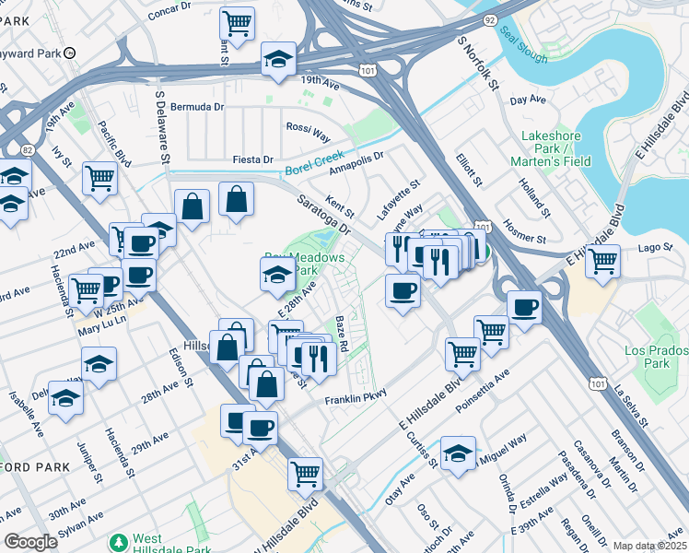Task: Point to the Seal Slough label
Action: [523, 44]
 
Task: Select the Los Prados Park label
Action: [656, 358]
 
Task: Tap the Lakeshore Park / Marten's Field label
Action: [555, 148]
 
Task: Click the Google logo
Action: [30, 542]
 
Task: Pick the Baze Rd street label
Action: [341, 333]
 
